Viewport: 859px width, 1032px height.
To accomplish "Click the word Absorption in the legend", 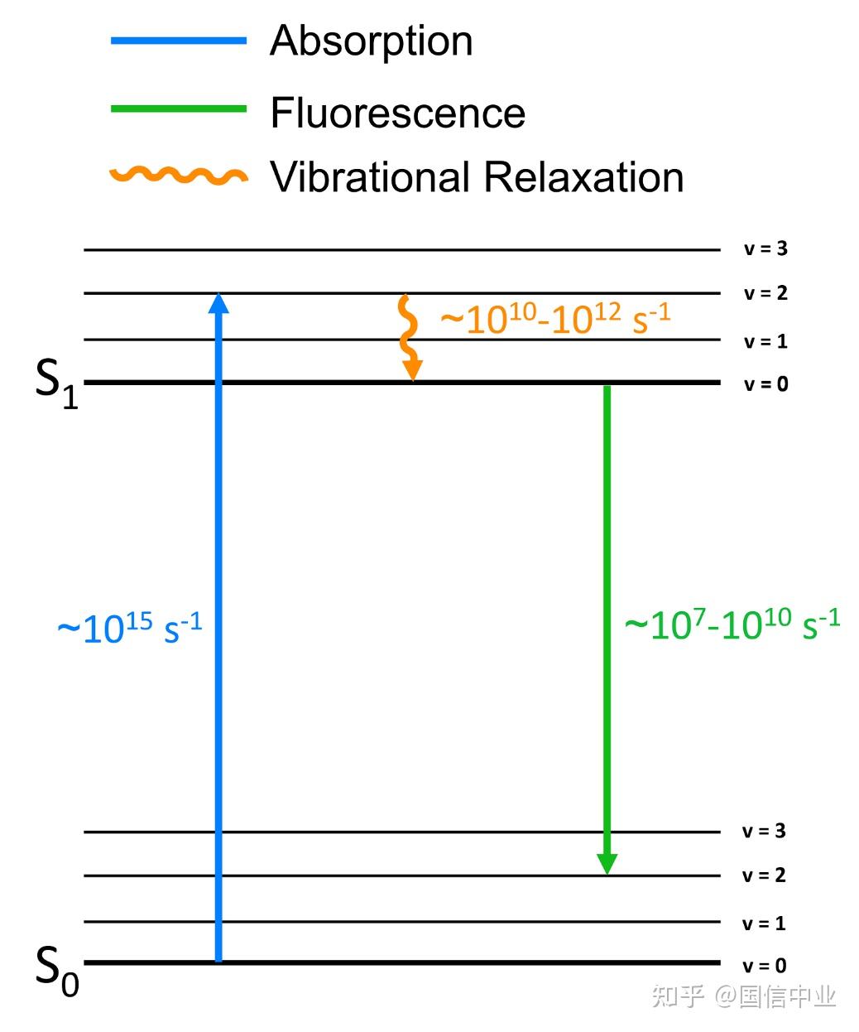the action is click(x=371, y=42).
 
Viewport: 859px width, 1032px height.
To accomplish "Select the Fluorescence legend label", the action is click(x=398, y=113).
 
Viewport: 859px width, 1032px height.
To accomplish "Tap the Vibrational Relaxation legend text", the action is click(x=477, y=177).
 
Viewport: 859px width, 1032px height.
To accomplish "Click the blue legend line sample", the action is click(x=178, y=41).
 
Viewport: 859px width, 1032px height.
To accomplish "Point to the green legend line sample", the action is click(x=178, y=109).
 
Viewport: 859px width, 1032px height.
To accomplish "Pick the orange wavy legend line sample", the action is click(x=178, y=175).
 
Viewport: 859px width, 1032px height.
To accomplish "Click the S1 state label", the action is click(x=56, y=383).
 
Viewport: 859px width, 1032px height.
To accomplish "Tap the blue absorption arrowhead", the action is click(x=218, y=303).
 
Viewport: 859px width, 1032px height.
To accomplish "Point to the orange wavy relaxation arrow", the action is click(x=410, y=338).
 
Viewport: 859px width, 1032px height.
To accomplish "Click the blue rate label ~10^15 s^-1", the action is click(x=130, y=628).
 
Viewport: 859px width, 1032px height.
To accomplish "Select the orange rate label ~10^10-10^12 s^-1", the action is click(x=555, y=318).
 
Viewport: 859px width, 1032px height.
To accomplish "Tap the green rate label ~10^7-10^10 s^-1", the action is click(x=732, y=624).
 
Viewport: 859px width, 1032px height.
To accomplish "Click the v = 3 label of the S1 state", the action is click(x=765, y=248).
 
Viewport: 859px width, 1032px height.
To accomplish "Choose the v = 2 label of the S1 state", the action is click(x=765, y=293).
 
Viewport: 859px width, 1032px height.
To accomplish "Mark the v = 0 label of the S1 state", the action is click(x=766, y=384).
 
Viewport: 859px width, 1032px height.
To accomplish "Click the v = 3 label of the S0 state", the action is click(x=764, y=832).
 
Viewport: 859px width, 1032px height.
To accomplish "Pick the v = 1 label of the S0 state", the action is click(x=764, y=923).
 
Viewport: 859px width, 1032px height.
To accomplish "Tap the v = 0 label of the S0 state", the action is click(x=764, y=966).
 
